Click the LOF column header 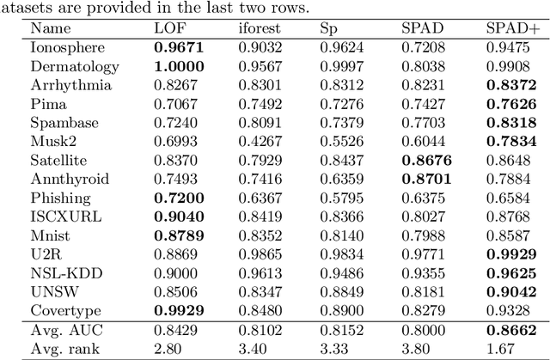pyautogui.click(x=167, y=28)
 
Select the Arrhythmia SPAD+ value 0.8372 pyautogui.click(x=512, y=85)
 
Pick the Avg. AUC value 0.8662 pyautogui.click(x=512, y=331)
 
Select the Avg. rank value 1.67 pyautogui.click(x=504, y=349)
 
